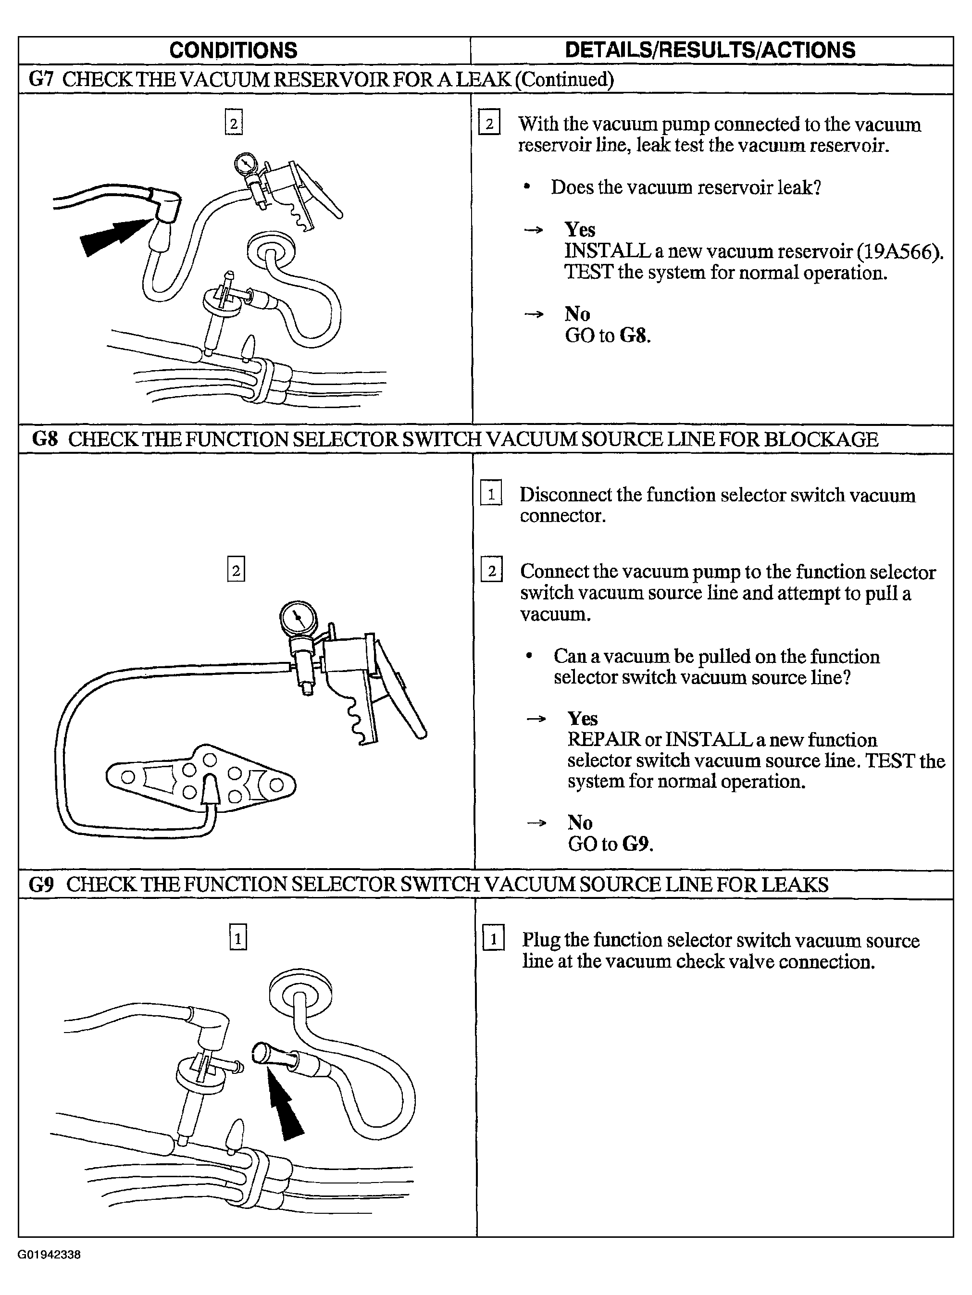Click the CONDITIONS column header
point(233,50)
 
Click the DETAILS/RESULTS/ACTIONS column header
point(710,50)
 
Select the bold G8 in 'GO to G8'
point(636,336)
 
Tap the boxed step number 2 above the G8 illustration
point(236,569)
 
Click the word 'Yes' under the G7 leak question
point(580,229)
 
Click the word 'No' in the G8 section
point(580,822)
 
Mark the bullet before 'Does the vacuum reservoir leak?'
point(527,187)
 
